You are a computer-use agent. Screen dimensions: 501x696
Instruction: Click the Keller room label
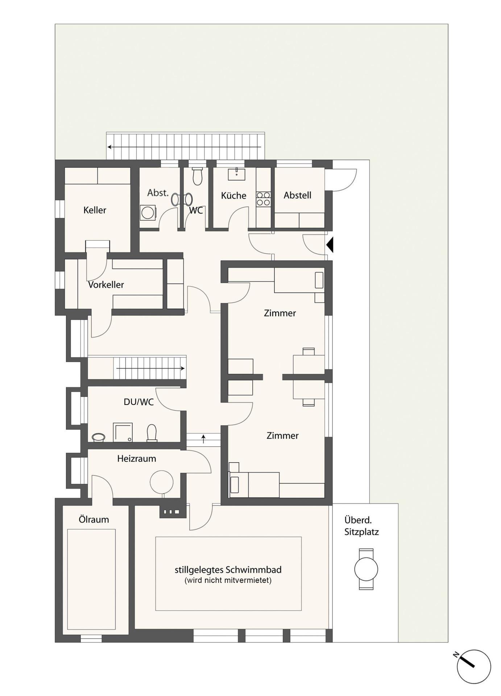[x=95, y=210]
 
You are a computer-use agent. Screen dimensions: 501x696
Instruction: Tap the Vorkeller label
[x=106, y=285]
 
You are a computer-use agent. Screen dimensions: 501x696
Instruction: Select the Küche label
[x=233, y=195]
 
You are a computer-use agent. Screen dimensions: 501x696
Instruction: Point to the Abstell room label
[x=297, y=195]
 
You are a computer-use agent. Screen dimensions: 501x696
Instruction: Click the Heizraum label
[x=137, y=459]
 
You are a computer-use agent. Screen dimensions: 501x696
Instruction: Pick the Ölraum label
[x=94, y=519]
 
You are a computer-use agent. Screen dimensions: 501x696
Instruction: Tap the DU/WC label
[x=139, y=402]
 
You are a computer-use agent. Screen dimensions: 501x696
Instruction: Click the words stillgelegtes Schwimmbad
[x=228, y=569]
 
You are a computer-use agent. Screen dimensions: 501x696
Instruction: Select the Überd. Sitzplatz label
[x=361, y=526]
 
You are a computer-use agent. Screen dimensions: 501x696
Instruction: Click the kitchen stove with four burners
[x=264, y=199]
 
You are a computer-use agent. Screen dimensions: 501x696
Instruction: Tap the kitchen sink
[x=236, y=174]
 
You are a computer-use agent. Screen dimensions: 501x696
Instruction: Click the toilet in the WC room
[x=198, y=176]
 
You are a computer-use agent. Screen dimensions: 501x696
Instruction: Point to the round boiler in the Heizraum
[x=162, y=482]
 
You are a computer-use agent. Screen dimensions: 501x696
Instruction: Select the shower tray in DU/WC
[x=123, y=432]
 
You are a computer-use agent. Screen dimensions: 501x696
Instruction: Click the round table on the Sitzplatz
[x=366, y=569]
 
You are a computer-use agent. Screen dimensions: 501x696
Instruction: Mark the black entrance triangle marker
[x=330, y=245]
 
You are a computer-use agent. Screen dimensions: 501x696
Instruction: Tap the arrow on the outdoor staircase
[x=184, y=147]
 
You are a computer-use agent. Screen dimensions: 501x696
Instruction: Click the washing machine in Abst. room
[x=148, y=213]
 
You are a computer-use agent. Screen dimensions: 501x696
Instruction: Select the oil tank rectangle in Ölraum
[x=91, y=579]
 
